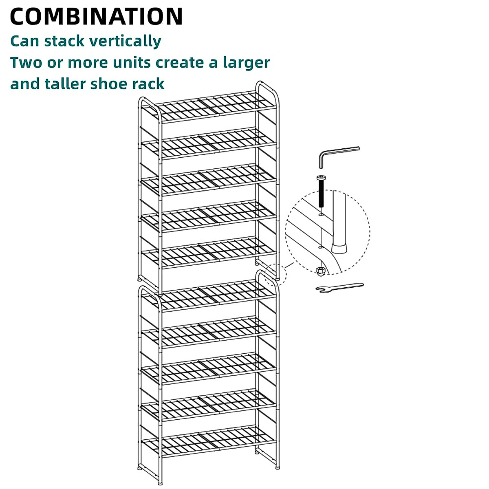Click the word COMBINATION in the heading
pyautogui.click(x=96, y=17)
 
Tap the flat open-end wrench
pyautogui.click(x=339, y=288)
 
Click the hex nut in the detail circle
pyautogui.click(x=320, y=270)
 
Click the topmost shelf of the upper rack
pyautogui.click(x=209, y=107)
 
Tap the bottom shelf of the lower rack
pyautogui.click(x=209, y=442)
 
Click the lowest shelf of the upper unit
pyautogui.click(x=209, y=253)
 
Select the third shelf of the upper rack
pyautogui.click(x=209, y=179)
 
